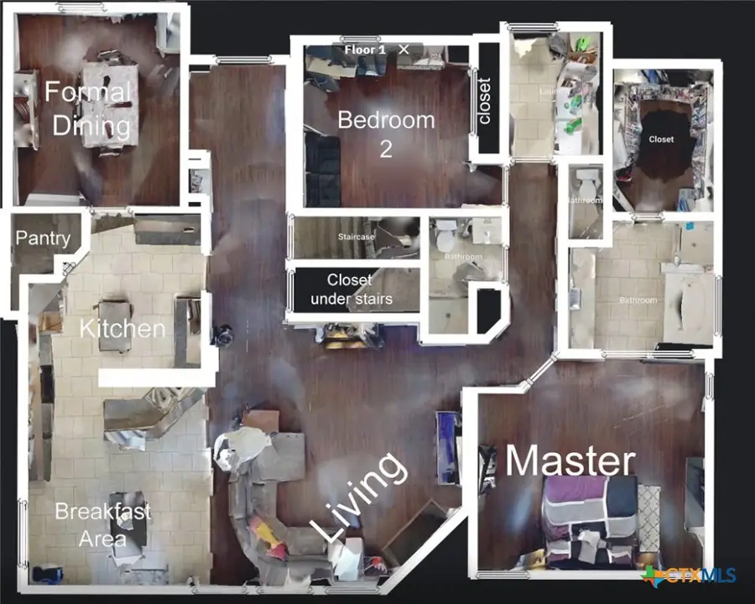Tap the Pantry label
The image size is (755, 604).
(x=43, y=238)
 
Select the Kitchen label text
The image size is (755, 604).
(x=122, y=328)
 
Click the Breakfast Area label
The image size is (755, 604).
(x=103, y=525)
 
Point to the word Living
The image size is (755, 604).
(x=358, y=497)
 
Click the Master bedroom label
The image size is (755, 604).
(x=570, y=461)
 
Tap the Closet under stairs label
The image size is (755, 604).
(x=351, y=289)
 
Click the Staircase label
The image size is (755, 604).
(x=356, y=237)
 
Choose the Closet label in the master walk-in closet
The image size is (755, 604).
(x=661, y=139)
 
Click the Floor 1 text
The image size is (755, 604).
(x=365, y=49)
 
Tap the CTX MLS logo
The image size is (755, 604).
(x=678, y=575)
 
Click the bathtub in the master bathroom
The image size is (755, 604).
(x=688, y=302)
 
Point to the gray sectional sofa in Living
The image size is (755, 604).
(x=268, y=503)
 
